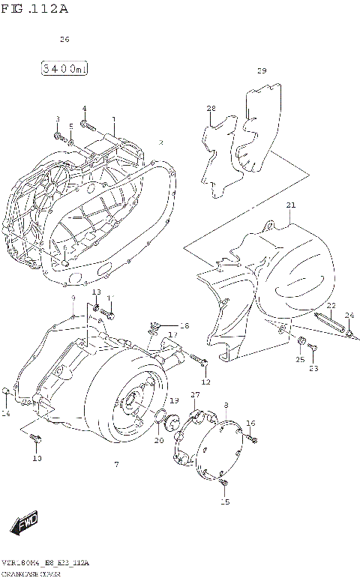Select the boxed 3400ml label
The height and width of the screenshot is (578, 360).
click(64, 70)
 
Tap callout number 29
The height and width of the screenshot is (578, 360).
click(262, 71)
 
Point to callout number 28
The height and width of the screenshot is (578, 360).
click(211, 109)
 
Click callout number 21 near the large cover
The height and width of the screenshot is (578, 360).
click(291, 205)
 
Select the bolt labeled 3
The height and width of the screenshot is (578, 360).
click(58, 136)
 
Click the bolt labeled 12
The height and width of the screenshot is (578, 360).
click(203, 365)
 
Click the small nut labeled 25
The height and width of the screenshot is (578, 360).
click(300, 343)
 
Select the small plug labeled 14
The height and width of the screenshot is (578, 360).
click(7, 391)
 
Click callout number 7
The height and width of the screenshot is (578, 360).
click(116, 465)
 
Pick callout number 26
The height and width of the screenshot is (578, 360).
click(64, 39)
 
